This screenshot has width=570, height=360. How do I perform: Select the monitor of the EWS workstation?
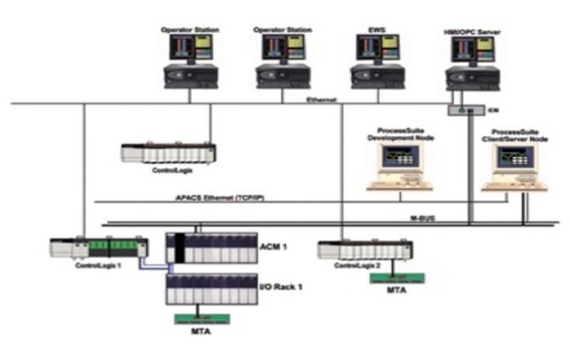(x=377, y=48)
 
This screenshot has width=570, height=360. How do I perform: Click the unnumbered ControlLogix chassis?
(x=168, y=152)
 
